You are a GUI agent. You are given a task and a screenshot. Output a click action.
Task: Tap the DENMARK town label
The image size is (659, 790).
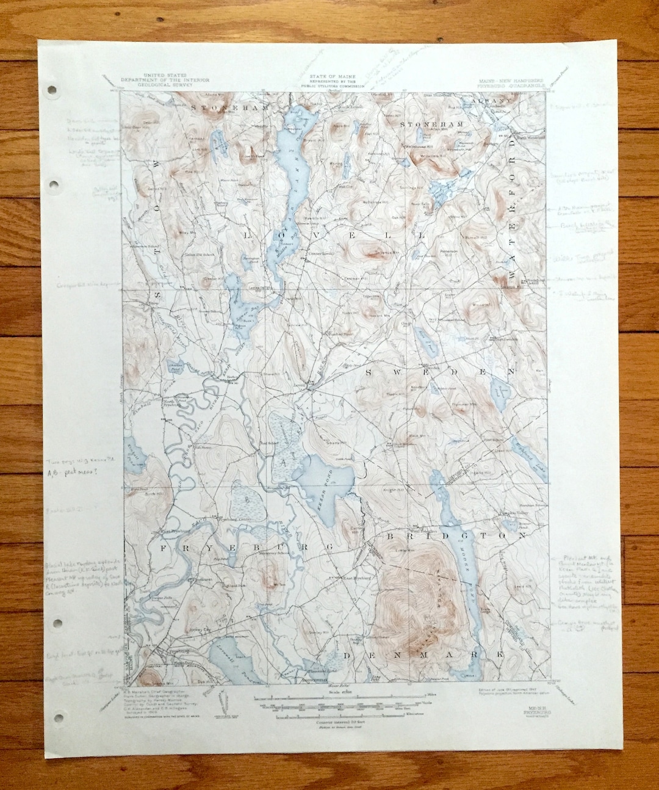[x=423, y=654]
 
